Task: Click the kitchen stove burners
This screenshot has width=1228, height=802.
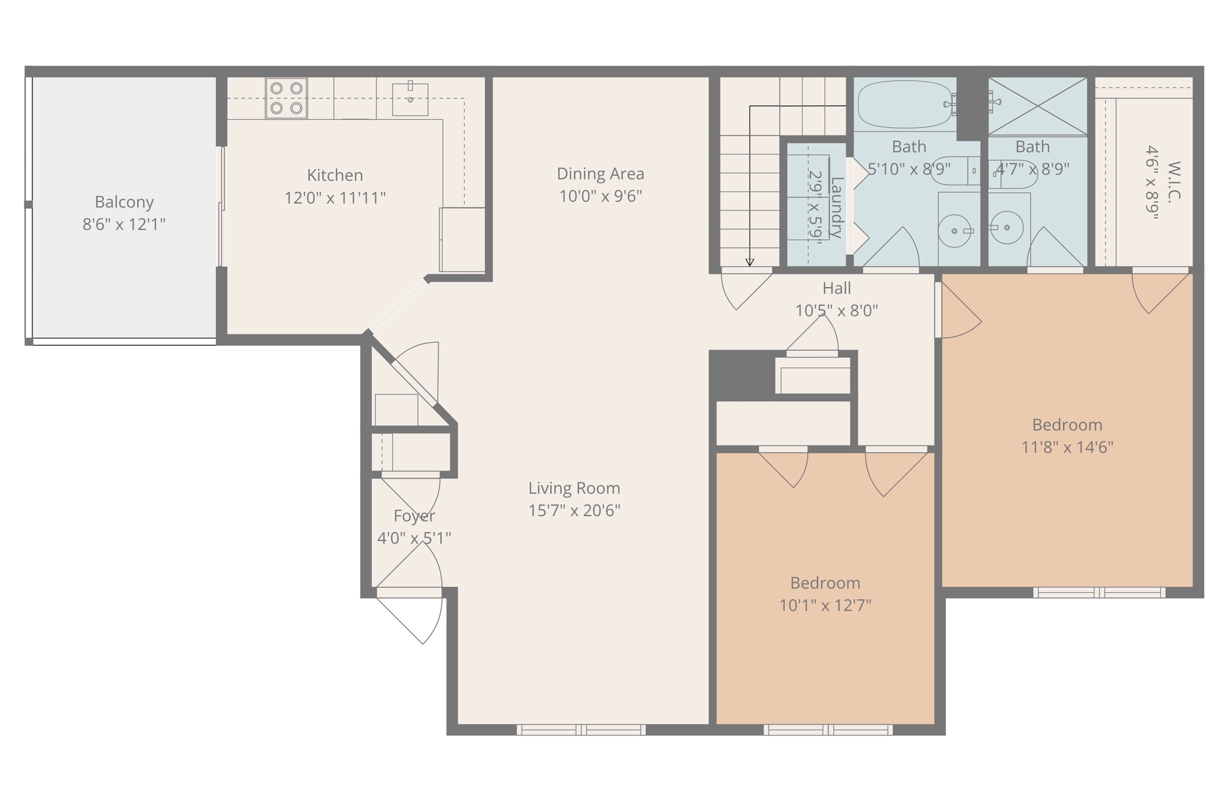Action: click(x=286, y=98)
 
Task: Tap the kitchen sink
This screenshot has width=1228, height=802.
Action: click(x=410, y=99)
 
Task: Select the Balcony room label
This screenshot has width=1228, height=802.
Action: click(x=124, y=202)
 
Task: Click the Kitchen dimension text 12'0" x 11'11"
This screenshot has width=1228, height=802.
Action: click(x=335, y=198)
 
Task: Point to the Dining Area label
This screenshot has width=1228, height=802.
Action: click(x=600, y=174)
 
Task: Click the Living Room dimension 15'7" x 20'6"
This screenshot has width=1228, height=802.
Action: click(x=574, y=511)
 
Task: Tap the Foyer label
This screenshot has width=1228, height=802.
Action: click(x=414, y=515)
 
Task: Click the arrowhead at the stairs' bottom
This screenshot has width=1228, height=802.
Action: click(x=750, y=263)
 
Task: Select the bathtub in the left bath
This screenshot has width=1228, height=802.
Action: click(x=904, y=104)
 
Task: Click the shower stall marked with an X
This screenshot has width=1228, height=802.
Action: click(x=1037, y=106)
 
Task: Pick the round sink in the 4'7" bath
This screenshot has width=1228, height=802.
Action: click(x=1007, y=228)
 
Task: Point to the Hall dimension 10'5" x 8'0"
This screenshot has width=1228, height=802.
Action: click(x=836, y=310)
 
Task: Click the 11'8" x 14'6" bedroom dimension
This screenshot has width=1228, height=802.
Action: click(x=1067, y=447)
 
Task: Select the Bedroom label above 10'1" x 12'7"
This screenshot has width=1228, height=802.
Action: click(x=825, y=583)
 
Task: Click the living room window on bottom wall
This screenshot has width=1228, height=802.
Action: click(x=581, y=729)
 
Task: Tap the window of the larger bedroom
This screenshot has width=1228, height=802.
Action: click(x=1099, y=593)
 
